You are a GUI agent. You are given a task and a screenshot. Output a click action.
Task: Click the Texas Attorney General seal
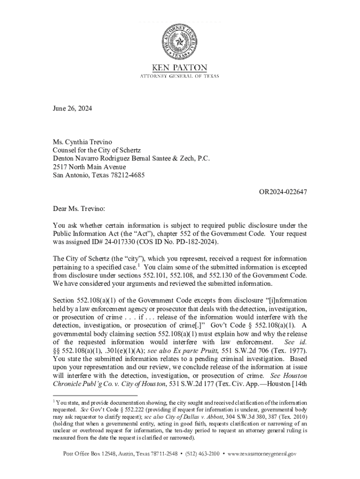click(x=180, y=41)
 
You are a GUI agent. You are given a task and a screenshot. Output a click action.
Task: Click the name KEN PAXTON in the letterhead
click(x=180, y=67)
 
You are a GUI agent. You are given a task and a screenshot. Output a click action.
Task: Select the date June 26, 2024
click(x=72, y=109)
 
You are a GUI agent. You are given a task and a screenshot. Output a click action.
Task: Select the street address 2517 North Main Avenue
click(x=89, y=167)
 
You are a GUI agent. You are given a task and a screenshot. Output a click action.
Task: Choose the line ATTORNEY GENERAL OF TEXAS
click(x=180, y=76)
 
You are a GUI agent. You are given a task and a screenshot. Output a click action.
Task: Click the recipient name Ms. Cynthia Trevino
click(x=83, y=142)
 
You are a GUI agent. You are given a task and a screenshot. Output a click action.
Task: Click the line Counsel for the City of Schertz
click(x=97, y=150)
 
